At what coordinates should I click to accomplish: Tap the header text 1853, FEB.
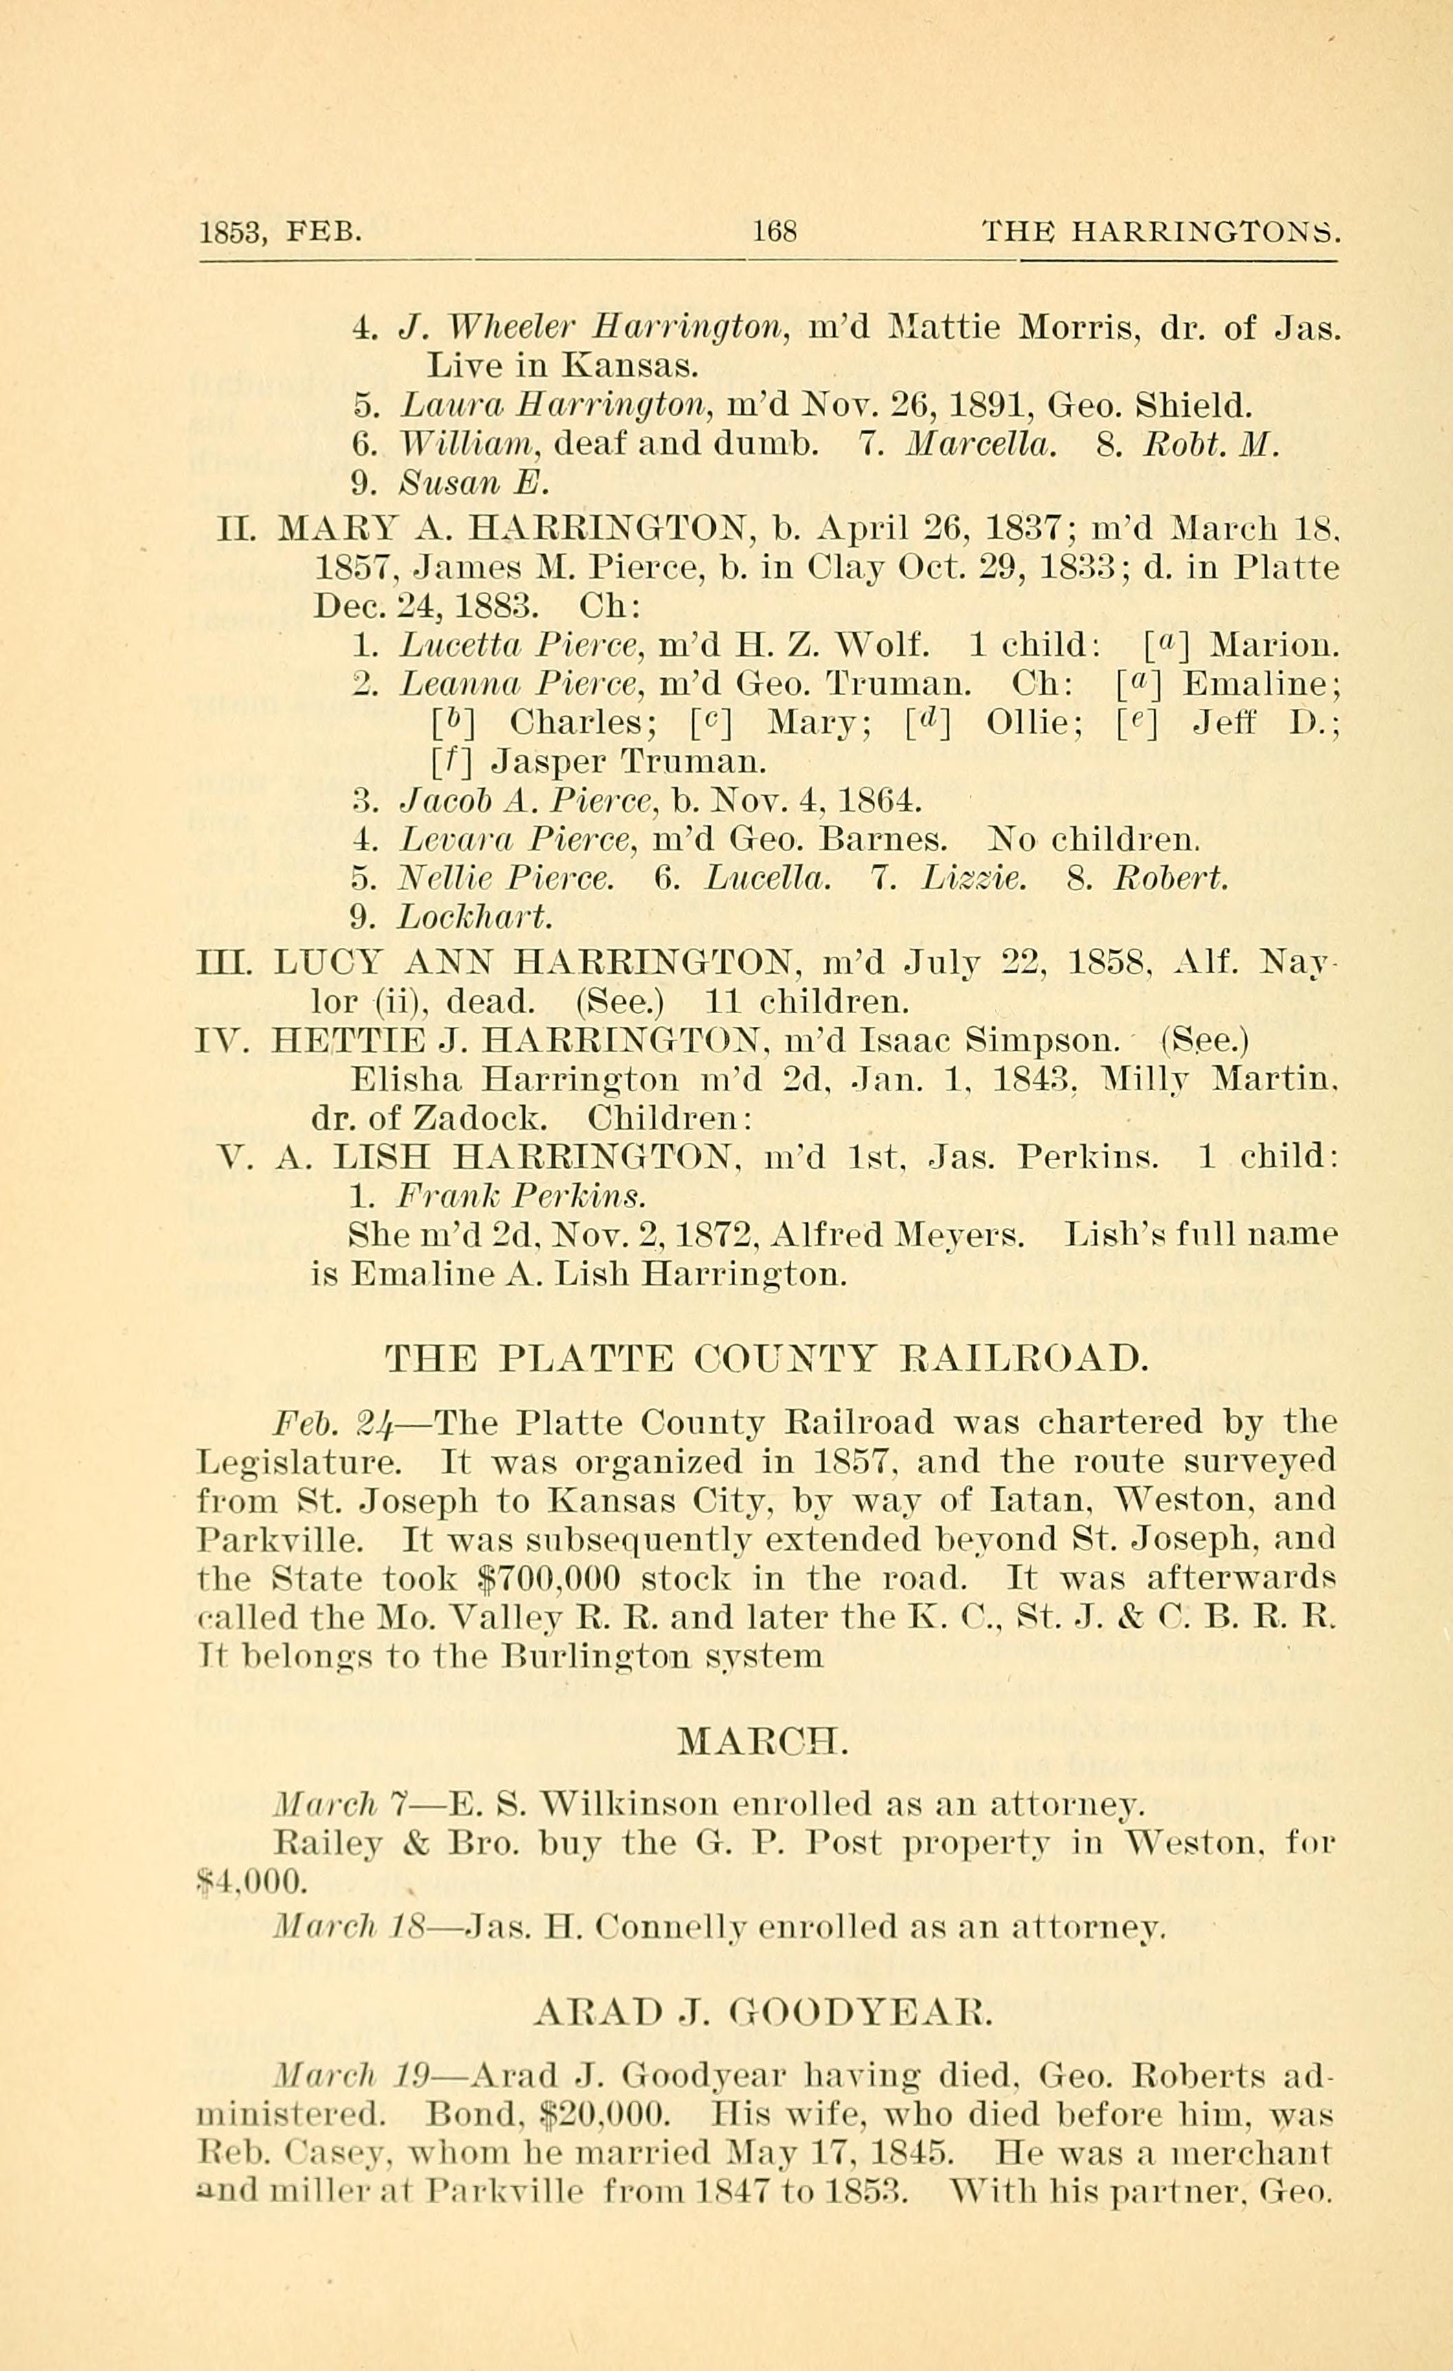pos(280,232)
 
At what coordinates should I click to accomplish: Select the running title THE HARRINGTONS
pos(1160,232)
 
